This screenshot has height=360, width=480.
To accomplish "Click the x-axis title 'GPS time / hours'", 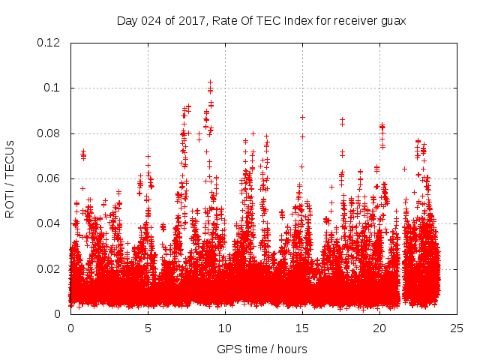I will (x=262, y=349).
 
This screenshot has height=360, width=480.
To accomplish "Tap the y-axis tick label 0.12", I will (x=49, y=43).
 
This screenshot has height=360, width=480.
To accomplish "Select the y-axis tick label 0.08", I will (x=49, y=133).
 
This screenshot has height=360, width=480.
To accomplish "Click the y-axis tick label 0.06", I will (x=49, y=178).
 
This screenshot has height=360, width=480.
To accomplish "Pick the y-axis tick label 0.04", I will (x=49, y=223).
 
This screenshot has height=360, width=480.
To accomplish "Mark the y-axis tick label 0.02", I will (x=49, y=268).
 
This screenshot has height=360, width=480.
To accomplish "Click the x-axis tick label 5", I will (x=148, y=328).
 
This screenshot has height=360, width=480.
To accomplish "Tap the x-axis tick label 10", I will (x=225, y=328).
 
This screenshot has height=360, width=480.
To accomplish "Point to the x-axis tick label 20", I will (x=379, y=328).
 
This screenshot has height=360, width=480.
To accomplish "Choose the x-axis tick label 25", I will (x=457, y=328).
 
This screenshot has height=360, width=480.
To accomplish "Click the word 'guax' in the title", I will (x=392, y=21).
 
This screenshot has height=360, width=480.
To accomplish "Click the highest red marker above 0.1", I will (x=210, y=81).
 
